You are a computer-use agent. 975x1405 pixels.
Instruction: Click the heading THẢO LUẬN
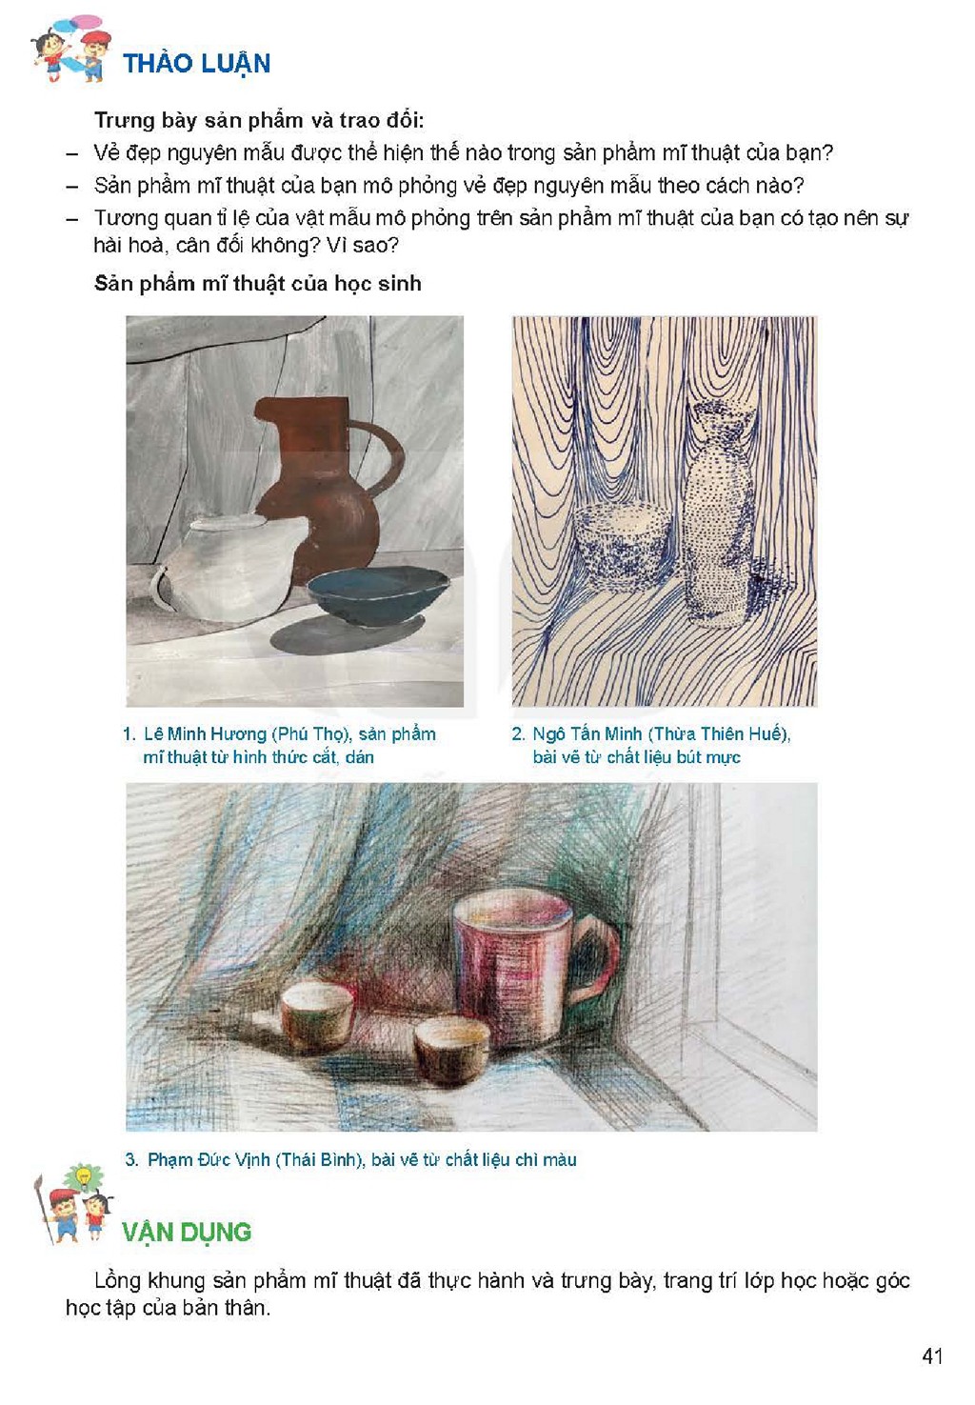click(196, 64)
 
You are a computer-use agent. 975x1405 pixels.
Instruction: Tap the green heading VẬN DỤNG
click(187, 1232)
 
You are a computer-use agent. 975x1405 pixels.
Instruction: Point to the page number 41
click(932, 1355)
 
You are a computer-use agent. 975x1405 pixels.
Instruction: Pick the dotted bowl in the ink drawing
click(622, 545)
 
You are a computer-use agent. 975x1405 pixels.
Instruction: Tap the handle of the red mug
click(596, 959)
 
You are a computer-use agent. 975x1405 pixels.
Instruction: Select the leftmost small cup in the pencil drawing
click(317, 1016)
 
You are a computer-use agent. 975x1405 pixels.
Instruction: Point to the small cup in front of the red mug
click(451, 1048)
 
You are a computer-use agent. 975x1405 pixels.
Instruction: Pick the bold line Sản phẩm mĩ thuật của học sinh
click(258, 284)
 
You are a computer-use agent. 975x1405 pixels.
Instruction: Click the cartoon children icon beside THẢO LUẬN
click(70, 49)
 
